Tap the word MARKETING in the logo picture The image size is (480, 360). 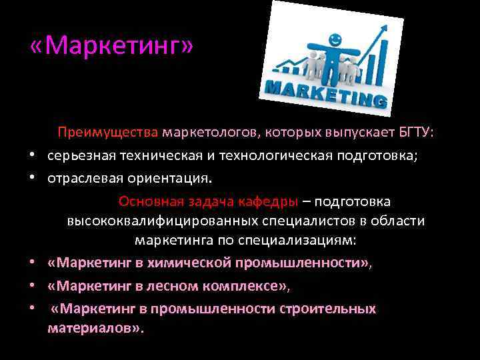pyautogui.click(x=325, y=93)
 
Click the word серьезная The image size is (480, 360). pyautogui.click(x=82, y=156)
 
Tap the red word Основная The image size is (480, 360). pyautogui.click(x=151, y=202)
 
